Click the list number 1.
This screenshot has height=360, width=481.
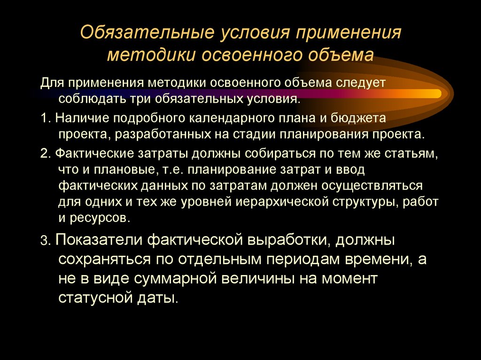(x=43, y=118)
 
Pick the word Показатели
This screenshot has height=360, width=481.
(x=99, y=241)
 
